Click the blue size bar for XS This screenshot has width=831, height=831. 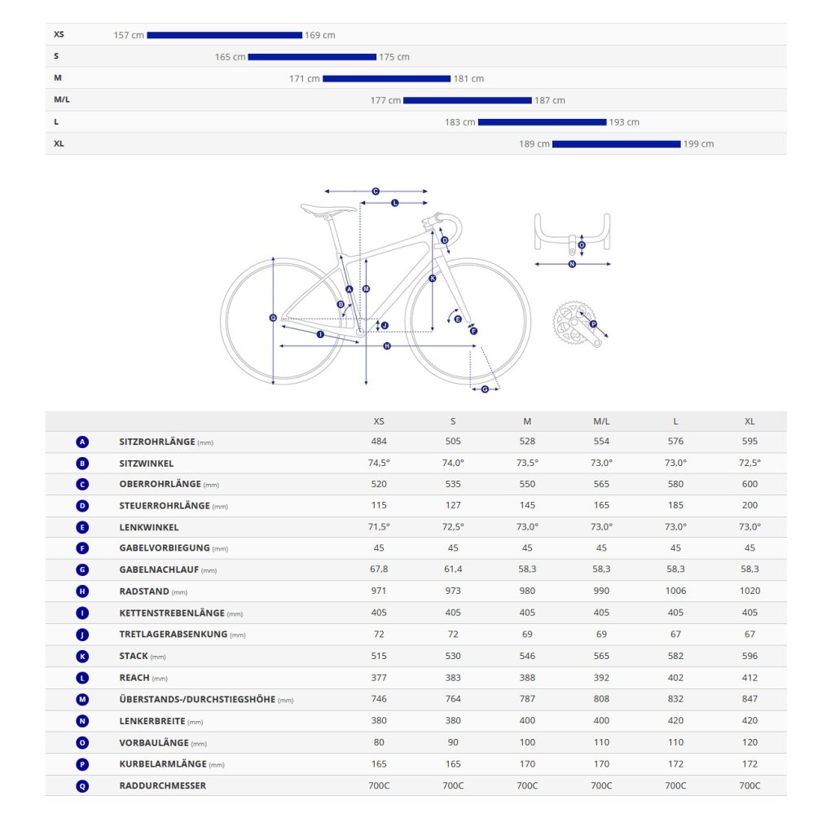(225, 35)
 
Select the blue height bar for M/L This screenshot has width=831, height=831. (468, 100)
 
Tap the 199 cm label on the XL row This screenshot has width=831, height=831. (698, 143)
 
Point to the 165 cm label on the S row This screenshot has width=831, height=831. (230, 57)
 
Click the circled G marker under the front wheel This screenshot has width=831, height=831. (485, 389)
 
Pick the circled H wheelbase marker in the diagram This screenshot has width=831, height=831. (387, 345)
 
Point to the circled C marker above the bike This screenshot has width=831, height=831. (376, 191)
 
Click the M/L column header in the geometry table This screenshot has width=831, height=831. (601, 421)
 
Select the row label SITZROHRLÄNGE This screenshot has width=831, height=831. (157, 442)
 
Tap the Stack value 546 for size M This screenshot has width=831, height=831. (527, 656)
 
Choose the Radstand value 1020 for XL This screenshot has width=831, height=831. (750, 591)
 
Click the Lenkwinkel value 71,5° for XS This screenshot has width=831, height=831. (379, 526)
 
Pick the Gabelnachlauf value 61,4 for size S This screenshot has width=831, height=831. (453, 569)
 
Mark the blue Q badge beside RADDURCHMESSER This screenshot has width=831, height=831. (82, 786)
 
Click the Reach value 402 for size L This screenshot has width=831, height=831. (675, 677)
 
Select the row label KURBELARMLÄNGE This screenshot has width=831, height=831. (163, 763)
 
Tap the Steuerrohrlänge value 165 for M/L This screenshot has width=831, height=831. (601, 505)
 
